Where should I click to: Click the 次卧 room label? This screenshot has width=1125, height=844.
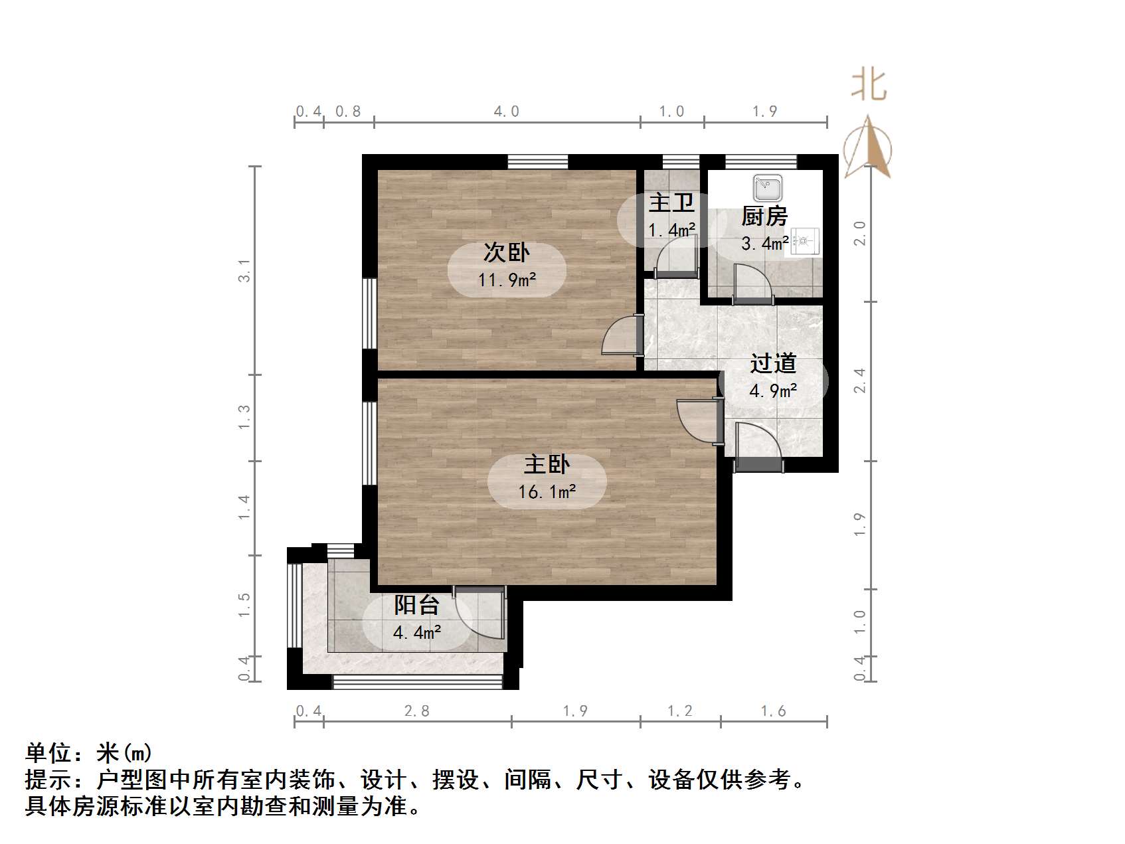[x=506, y=252]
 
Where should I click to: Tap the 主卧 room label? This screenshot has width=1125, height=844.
[x=547, y=464]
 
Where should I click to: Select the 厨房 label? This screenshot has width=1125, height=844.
[x=764, y=216]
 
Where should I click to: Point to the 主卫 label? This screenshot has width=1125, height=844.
[x=671, y=203]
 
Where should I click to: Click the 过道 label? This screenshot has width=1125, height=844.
[x=773, y=363]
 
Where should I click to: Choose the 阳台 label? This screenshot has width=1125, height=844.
[x=416, y=605]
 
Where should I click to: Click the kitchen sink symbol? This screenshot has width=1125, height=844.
[x=768, y=188]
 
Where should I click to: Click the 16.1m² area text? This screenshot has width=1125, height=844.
[x=547, y=492]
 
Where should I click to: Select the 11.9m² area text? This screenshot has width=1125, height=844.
[x=507, y=280]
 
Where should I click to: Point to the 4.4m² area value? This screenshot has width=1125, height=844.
[x=416, y=633]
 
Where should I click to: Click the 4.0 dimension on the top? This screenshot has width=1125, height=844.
[x=506, y=112]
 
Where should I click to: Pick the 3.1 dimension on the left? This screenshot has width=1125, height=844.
[x=245, y=271]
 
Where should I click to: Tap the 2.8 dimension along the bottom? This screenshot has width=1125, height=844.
[x=417, y=711]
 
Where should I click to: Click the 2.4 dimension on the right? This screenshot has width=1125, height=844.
[x=860, y=380]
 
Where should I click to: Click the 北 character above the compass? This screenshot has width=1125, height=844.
[x=869, y=86]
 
